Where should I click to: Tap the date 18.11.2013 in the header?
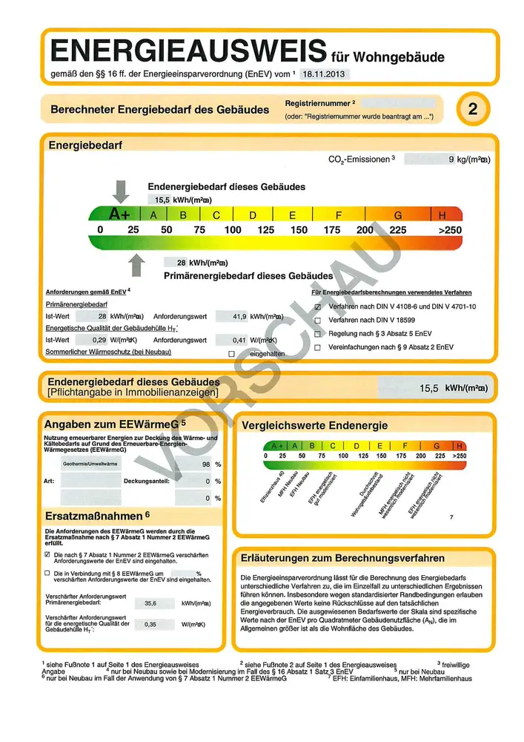click(x=325, y=74)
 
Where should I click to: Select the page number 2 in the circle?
click(x=473, y=109)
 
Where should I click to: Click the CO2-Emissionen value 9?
click(x=451, y=159)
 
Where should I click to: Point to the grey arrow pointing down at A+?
click(x=121, y=191)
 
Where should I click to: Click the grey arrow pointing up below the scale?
click(x=136, y=265)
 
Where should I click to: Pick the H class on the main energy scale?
click(x=442, y=214)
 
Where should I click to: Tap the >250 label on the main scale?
click(x=449, y=230)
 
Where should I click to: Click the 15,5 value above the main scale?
click(x=162, y=200)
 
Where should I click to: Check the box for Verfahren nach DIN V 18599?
click(x=317, y=320)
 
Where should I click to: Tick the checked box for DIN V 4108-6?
click(x=317, y=306)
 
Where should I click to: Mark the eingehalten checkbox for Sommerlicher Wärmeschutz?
click(x=231, y=354)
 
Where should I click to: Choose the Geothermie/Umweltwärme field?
click(x=90, y=464)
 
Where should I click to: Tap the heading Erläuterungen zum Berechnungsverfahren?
click(x=343, y=558)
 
